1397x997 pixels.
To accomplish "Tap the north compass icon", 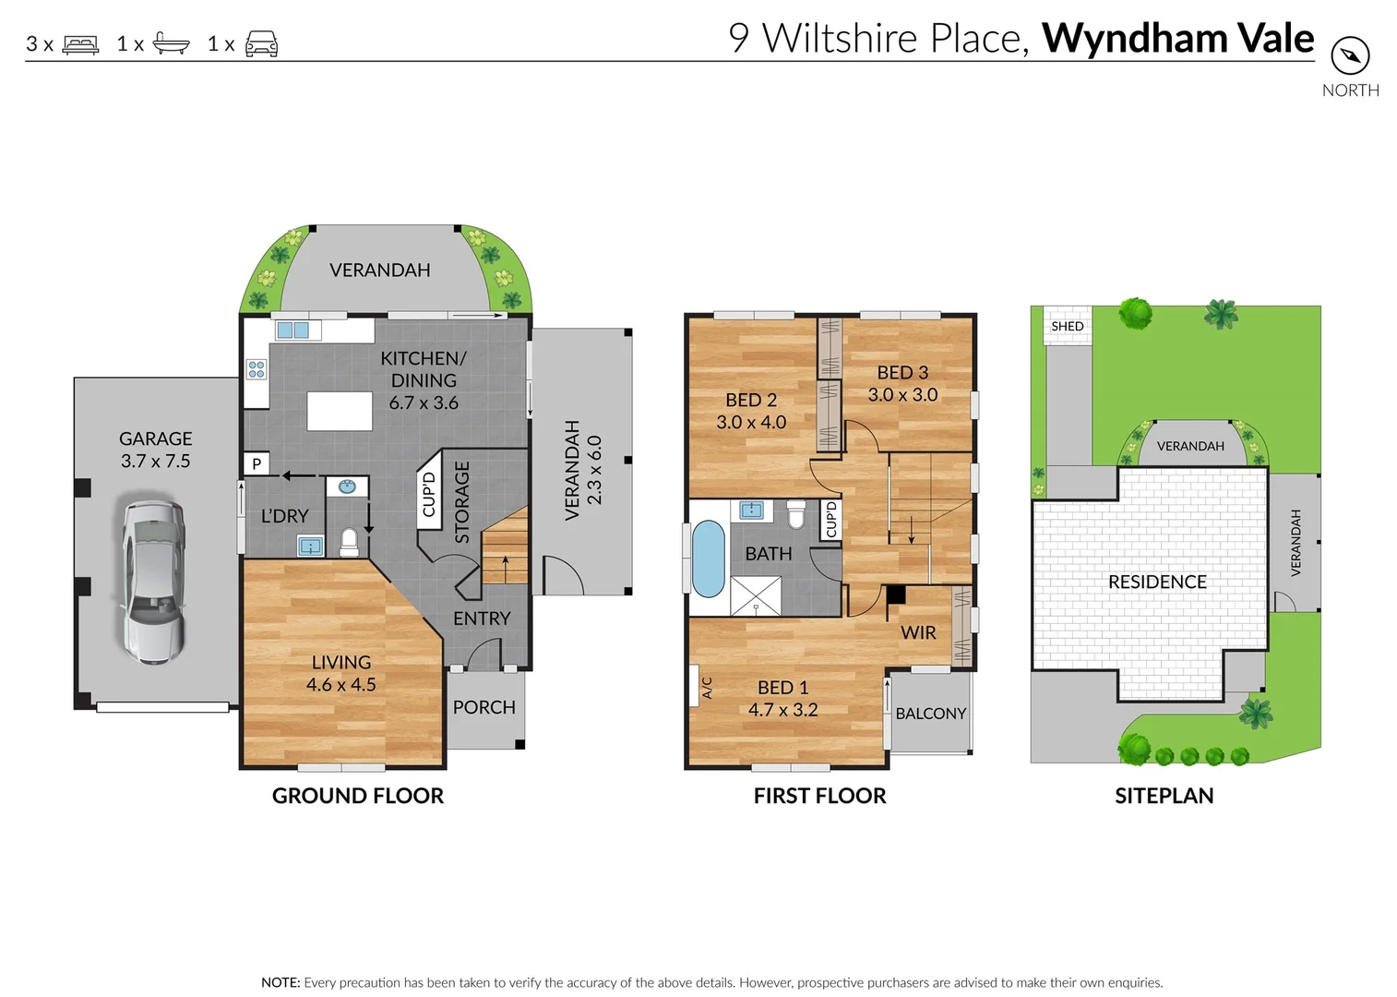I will coord(1350,56).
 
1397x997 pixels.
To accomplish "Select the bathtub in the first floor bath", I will coord(708,559).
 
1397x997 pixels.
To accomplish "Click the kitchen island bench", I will coord(340,411).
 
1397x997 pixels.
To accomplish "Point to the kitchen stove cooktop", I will coord(257,370).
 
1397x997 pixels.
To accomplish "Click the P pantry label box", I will coord(257,463).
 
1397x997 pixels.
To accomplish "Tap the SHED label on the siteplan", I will coord(1067,326).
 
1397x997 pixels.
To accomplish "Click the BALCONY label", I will coord(930,714).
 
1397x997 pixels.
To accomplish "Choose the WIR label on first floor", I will coord(918,632).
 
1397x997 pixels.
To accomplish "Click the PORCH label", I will coord(484,707).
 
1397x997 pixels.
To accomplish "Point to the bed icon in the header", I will coord(80,44).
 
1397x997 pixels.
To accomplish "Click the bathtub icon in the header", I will coord(171,44).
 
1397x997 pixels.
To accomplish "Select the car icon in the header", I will coord(261,44).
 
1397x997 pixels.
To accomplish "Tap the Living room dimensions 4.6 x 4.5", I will coord(341,685).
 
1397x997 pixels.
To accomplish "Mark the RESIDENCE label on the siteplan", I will coord(1157,582).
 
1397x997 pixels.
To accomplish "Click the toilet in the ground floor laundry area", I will coord(349,542).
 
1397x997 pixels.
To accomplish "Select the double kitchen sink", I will coord(293,330).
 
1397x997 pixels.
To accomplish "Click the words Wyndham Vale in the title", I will coord(1177,39).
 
